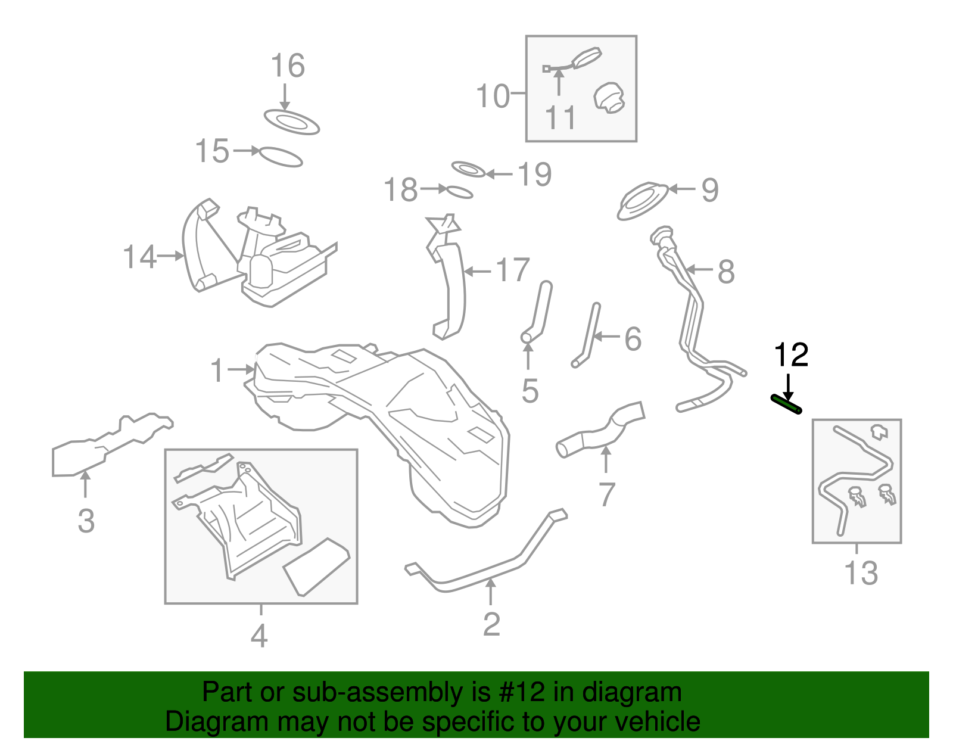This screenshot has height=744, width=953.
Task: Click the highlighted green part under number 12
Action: point(786,404)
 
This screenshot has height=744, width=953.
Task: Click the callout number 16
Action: point(288,66)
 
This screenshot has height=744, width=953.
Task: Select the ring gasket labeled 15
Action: point(281,157)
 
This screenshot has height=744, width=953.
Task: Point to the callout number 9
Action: point(709,190)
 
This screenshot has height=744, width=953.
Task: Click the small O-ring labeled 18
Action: point(459,192)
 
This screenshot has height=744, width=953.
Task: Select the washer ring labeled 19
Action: point(469,169)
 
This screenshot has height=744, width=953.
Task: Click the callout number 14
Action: point(139,257)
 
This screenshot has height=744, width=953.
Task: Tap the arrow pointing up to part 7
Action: point(606,459)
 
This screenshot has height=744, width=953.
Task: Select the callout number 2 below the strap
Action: point(491,624)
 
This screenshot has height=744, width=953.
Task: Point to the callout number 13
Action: point(861,573)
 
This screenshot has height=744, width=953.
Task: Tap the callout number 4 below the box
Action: point(259,636)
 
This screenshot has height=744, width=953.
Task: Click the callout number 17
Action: point(512,270)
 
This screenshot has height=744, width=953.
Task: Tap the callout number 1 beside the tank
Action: point(217,371)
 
